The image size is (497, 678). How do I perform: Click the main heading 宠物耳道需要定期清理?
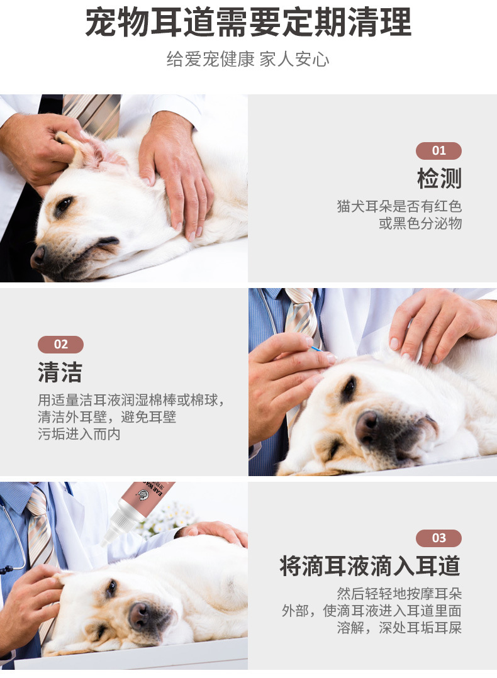(248, 23)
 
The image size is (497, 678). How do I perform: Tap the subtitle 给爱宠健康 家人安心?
(248, 59)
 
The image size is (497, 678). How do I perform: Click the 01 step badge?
(438, 150)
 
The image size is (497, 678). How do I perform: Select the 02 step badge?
(60, 344)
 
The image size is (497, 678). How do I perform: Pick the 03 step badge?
(438, 538)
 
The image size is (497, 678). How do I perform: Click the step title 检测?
(440, 178)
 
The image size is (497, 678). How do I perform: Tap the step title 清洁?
(60, 372)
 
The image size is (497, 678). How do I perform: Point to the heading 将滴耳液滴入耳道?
(370, 565)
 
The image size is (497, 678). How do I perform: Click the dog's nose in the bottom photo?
(140, 615)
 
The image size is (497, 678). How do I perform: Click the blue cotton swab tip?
(316, 348)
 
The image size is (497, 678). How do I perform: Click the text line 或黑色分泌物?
(420, 223)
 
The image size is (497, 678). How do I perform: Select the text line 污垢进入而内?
(79, 434)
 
